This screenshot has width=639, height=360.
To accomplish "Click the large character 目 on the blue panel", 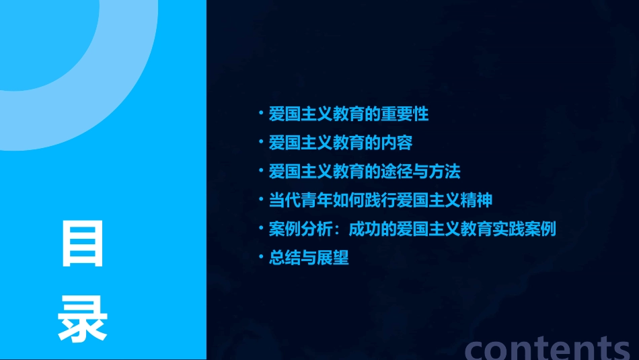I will click(x=83, y=243).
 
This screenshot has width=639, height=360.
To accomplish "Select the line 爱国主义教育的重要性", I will click(x=348, y=114).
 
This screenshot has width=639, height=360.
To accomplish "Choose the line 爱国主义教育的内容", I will click(x=340, y=143).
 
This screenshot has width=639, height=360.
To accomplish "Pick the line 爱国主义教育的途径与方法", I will click(x=365, y=172).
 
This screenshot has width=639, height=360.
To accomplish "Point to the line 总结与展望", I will click(x=309, y=258).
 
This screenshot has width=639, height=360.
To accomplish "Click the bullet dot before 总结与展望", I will click(x=262, y=257).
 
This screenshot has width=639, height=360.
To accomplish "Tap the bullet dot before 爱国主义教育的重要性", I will click(x=262, y=113).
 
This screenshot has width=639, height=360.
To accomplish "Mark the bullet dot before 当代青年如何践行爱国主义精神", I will click(x=262, y=200).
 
